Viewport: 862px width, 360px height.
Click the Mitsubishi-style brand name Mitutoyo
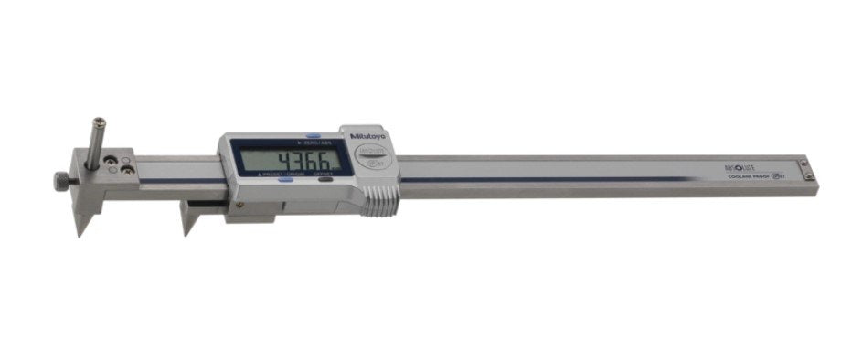point(368,137)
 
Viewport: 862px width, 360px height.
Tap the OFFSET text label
point(324,174)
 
